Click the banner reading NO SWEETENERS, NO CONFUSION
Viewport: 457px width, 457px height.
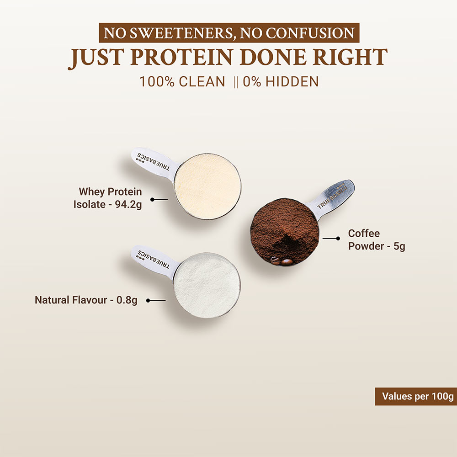click(228, 33)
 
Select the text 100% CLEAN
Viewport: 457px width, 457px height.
click(182, 82)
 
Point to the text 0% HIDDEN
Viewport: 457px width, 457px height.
click(281, 82)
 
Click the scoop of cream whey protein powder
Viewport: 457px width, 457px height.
click(207, 186)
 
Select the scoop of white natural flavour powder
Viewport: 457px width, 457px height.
click(207, 285)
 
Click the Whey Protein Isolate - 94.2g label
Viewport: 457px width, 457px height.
click(108, 198)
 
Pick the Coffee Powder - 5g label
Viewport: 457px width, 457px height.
click(376, 240)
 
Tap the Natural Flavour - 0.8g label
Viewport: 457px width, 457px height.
click(86, 300)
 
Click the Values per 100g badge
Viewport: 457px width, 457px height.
click(415, 396)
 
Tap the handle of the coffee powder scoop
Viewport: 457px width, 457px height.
click(335, 196)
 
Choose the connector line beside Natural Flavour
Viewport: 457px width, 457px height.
click(156, 300)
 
